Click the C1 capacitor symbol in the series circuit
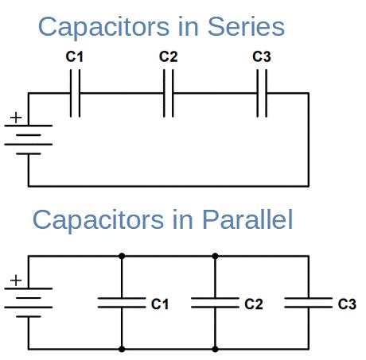(x=75, y=93)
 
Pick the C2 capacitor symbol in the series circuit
(x=169, y=93)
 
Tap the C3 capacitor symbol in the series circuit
(x=262, y=93)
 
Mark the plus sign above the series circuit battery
(x=15, y=117)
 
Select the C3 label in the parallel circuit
(x=347, y=304)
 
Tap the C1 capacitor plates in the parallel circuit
(x=122, y=303)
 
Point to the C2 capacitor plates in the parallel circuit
(x=215, y=303)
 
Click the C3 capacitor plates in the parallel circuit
(x=309, y=303)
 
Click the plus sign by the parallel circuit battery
(x=15, y=281)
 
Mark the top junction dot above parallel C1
(x=122, y=256)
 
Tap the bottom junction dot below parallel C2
(x=215, y=349)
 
